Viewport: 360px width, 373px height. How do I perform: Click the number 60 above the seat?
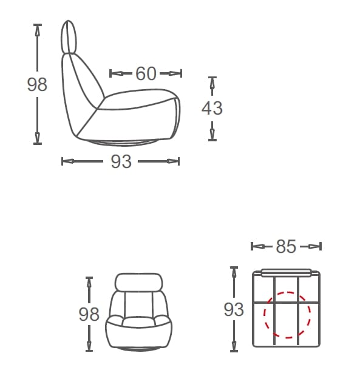pyautogui.click(x=146, y=73)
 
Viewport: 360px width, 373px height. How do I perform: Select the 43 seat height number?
pyautogui.click(x=212, y=108)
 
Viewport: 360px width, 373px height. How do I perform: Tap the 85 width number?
pyautogui.click(x=286, y=246)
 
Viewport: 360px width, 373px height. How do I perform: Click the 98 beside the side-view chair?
pyautogui.click(x=37, y=84)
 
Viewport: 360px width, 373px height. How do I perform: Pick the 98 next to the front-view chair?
pyautogui.click(x=89, y=314)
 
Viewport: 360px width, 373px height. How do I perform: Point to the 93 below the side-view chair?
pyautogui.click(x=121, y=161)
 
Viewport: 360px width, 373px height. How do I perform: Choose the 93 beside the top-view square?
pyautogui.click(x=234, y=309)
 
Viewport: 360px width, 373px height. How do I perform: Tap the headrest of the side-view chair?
pyautogui.click(x=69, y=37)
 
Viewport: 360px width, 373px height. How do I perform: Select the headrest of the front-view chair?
pyautogui.click(x=138, y=282)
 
